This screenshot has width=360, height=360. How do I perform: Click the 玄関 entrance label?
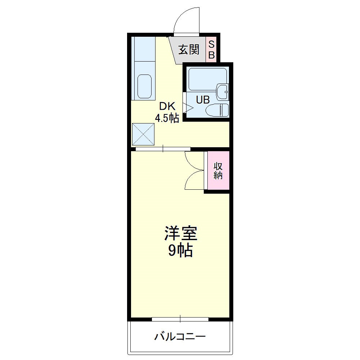pyautogui.click(x=189, y=50)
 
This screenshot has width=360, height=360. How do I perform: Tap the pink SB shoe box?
pyautogui.click(x=212, y=50)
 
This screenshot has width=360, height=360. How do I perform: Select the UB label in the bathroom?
pyautogui.click(x=203, y=100)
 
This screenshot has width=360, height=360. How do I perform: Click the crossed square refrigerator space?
pyautogui.click(x=143, y=134)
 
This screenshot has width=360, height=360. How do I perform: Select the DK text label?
pyautogui.click(x=167, y=107)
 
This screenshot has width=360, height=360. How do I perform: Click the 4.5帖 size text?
pyautogui.click(x=167, y=118)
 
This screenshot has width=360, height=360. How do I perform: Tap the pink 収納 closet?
pyautogui.click(x=218, y=171)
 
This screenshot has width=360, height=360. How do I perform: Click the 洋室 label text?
pyautogui.click(x=181, y=234)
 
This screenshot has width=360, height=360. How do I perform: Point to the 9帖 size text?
pyautogui.click(x=181, y=251)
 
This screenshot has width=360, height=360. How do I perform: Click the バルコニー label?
pyautogui.click(x=180, y=337)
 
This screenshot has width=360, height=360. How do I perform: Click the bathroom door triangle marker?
pyautogui.click(x=188, y=107)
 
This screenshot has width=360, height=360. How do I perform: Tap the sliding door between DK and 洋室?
pyautogui.click(x=163, y=148)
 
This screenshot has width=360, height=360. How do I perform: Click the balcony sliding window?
pyautogui.click(x=180, y=319)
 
